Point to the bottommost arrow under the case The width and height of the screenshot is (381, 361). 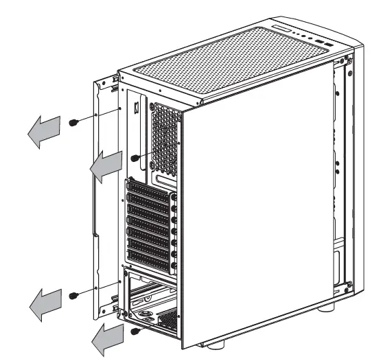107,337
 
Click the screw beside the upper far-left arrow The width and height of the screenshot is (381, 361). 73,122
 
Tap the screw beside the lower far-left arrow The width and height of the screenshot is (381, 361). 73,295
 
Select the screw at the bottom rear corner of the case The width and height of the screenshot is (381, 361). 137,331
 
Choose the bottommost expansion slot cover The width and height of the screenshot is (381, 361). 148,259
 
